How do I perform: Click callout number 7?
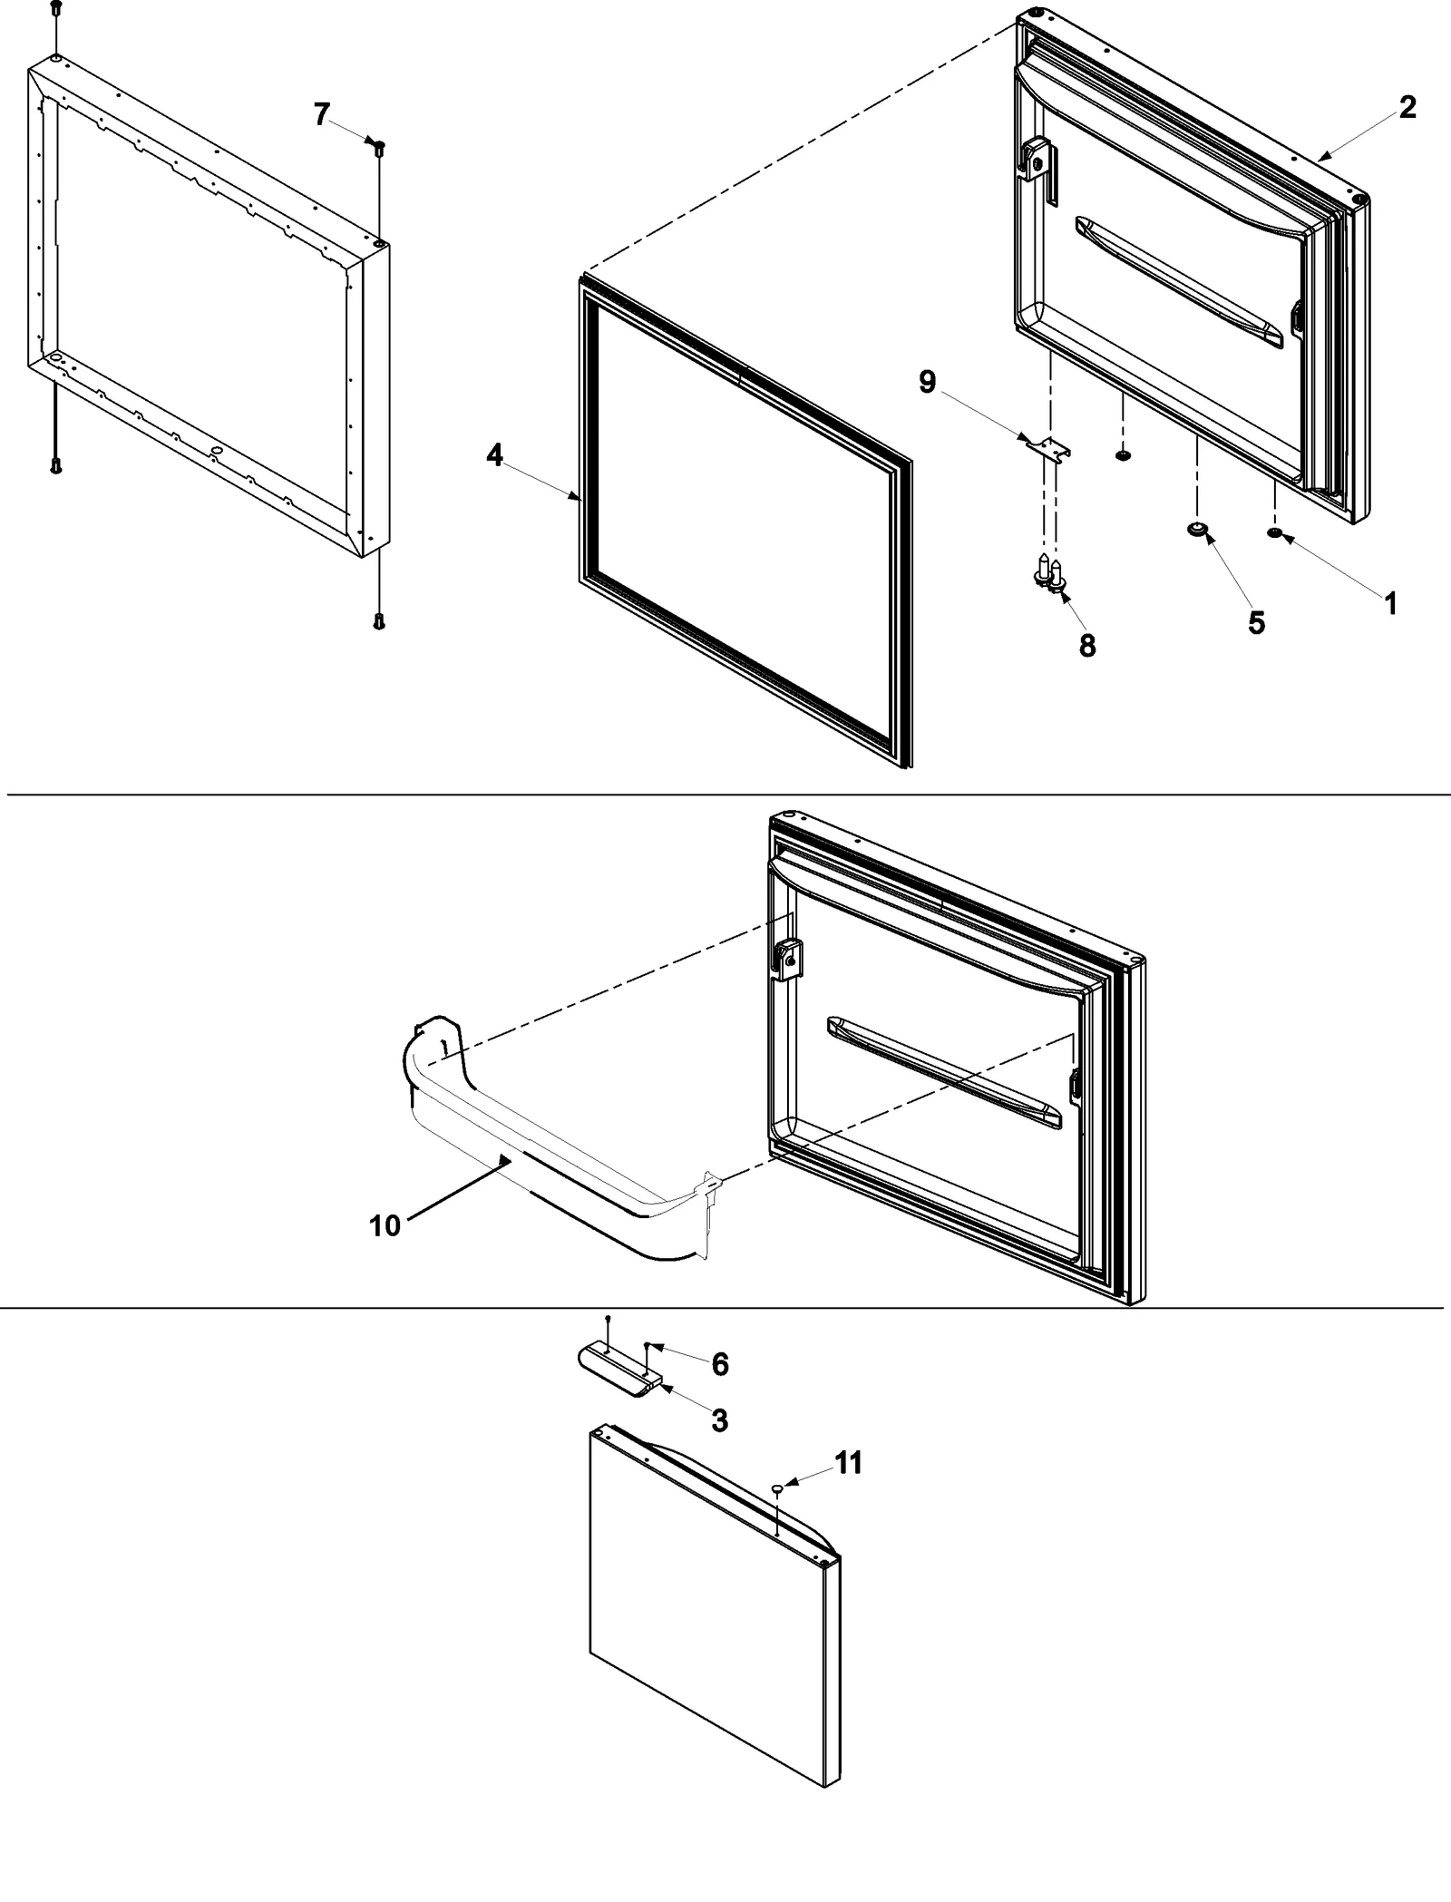coord(321,114)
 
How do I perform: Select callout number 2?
coord(1407,108)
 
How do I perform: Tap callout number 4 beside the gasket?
coord(494,455)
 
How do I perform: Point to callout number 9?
coord(927,382)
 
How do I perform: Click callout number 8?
coord(1087,645)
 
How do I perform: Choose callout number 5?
coord(1256,622)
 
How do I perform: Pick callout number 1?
coord(1390,603)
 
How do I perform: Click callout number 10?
coord(385,1226)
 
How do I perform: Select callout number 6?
coord(720,1363)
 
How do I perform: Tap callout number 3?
coord(719,1420)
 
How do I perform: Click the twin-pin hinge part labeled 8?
coord(1050,576)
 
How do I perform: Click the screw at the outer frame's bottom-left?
coord(56,466)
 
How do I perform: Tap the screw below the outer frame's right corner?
coord(379,621)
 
